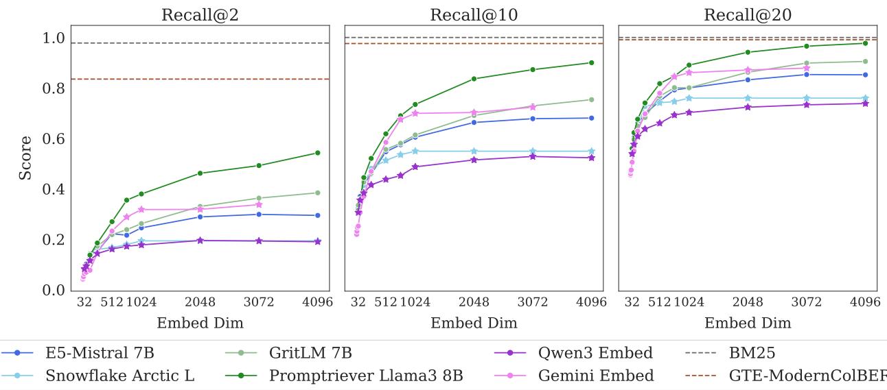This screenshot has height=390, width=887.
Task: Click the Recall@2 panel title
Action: pyautogui.click(x=200, y=15)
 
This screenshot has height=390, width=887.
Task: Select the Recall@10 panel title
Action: pyautogui.click(x=474, y=15)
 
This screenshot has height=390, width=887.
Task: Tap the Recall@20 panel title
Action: pyautogui.click(x=748, y=15)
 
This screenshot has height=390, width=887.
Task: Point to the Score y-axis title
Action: pyautogui.click(x=25, y=158)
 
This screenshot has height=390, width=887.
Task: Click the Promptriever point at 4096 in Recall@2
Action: pyautogui.click(x=317, y=153)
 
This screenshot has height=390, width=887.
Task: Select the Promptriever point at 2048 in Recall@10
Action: pyautogui.click(x=474, y=79)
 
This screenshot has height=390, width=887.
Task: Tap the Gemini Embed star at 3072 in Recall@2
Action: pyautogui.click(x=259, y=204)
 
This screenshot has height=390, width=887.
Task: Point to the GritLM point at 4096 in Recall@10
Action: pyautogui.click(x=591, y=99)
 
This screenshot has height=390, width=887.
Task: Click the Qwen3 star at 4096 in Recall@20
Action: pyautogui.click(x=865, y=103)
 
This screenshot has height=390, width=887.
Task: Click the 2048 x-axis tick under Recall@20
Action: pyautogui.click(x=748, y=302)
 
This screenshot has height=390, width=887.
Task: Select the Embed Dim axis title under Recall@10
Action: pyautogui.click(x=474, y=323)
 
